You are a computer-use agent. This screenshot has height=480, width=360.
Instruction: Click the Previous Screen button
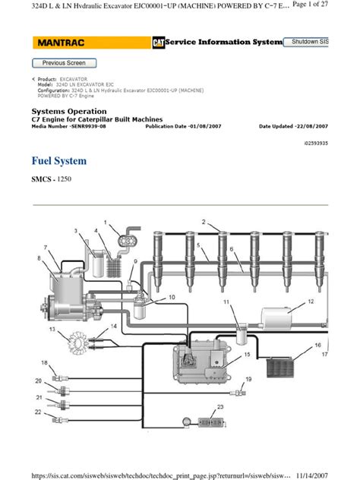click(x=65, y=63)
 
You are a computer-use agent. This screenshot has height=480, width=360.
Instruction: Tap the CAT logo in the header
click(x=158, y=43)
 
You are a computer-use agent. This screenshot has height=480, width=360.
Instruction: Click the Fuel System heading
click(x=59, y=161)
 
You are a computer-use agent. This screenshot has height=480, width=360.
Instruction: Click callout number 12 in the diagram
click(x=311, y=302)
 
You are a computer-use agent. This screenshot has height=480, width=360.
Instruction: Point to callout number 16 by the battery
click(x=317, y=345)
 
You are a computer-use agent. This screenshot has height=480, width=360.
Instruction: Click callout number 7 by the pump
click(x=46, y=248)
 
